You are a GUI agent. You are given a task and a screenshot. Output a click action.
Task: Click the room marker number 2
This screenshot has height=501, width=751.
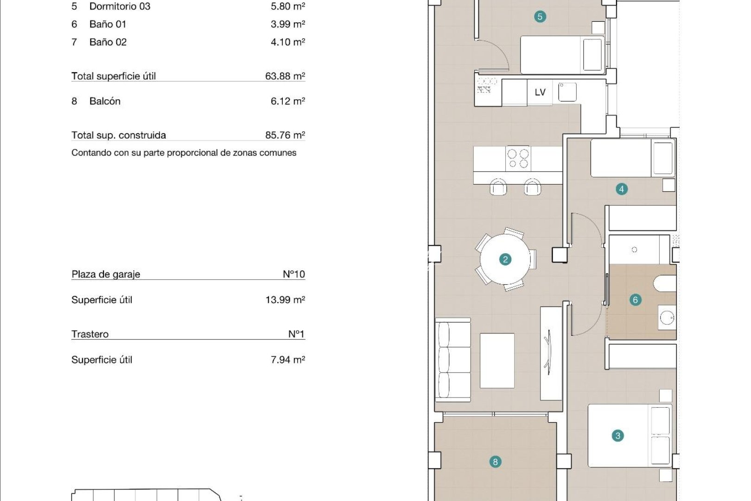tap(505, 259)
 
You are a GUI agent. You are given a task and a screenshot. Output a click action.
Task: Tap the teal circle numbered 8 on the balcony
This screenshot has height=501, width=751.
tap(495, 462)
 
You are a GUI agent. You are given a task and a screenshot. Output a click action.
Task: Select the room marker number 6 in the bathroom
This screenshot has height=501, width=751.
tap(635, 300)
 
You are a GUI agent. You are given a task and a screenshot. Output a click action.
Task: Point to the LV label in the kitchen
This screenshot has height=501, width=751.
tap(540, 92)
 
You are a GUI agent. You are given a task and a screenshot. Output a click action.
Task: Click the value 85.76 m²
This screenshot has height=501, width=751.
tap(285, 135)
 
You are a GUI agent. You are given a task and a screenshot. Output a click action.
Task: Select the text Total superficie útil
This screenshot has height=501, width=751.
tap(114, 76)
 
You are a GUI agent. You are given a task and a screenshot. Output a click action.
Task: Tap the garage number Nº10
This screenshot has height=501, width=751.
tap(293, 274)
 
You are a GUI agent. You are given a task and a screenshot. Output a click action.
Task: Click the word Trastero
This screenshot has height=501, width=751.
tap(90, 334)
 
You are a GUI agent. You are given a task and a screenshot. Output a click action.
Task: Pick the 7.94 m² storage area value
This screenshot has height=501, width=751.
tap(287, 360)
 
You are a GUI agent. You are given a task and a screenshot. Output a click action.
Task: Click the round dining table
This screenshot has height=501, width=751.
tap(505, 259)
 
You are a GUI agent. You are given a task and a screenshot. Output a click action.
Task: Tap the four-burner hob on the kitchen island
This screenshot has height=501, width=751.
tap(518, 159)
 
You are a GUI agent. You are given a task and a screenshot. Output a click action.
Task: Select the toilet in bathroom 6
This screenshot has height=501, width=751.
tap(666, 283)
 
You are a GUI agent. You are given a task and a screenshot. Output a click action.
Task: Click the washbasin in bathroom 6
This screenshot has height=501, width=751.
tap(667, 318)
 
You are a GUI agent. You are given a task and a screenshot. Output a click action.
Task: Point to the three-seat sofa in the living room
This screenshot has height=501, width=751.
tap(452, 360)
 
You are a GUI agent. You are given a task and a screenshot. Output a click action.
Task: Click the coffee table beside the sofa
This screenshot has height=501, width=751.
tap(497, 360)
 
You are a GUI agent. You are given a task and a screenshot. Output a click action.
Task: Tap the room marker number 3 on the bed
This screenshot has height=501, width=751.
tap(617, 436)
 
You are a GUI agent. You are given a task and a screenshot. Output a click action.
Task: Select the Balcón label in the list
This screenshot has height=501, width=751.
tap(105, 101)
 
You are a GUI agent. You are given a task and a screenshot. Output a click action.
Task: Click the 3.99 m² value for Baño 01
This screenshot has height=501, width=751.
tap(287, 24)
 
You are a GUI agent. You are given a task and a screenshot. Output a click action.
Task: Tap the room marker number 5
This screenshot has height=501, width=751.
tap(539, 17)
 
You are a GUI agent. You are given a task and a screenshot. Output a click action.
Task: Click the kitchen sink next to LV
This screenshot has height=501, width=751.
tap(567, 92)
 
